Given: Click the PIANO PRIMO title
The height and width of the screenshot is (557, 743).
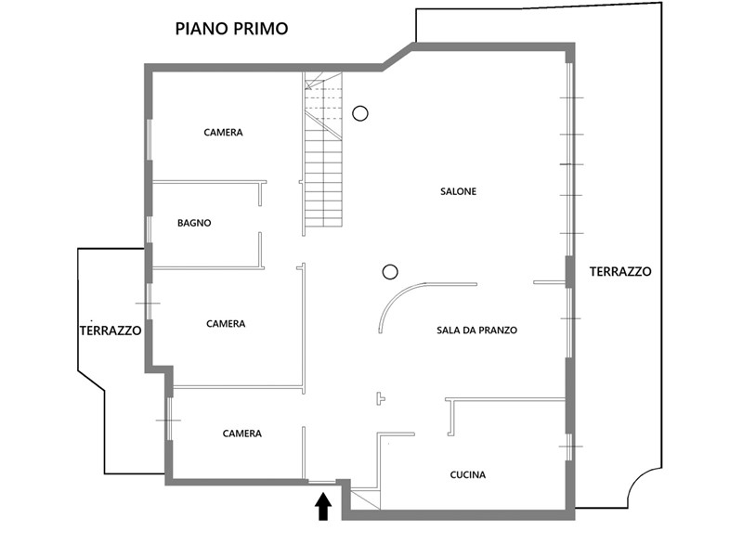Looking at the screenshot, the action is [x=231, y=29].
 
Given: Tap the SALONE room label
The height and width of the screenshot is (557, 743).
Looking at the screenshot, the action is [x=458, y=191].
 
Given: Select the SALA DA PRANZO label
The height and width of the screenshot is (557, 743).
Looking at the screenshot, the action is [x=476, y=330].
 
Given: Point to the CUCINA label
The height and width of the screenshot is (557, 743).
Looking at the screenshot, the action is [x=468, y=474].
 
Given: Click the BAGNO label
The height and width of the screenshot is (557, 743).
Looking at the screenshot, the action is [x=194, y=223].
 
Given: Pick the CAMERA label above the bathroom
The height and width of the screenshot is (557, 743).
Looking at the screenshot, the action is [x=223, y=132].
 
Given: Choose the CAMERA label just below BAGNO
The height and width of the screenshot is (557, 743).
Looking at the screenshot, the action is [x=226, y=324].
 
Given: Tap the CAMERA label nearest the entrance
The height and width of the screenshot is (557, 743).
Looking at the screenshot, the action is [x=242, y=434].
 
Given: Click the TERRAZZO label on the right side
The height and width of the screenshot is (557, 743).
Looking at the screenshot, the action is [x=620, y=271].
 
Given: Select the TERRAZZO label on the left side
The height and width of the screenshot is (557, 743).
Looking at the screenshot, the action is [x=111, y=330].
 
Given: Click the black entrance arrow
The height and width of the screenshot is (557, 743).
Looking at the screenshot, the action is [x=323, y=506].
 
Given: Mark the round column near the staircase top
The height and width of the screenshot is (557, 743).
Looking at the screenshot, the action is [x=360, y=113].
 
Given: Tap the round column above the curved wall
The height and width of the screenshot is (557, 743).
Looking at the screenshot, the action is [x=390, y=272].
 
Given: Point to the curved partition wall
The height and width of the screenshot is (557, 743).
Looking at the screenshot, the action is [x=397, y=295].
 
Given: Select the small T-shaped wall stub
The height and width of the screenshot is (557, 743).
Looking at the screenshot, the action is [x=380, y=398].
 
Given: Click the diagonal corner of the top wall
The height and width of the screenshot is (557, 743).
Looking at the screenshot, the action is [x=398, y=57].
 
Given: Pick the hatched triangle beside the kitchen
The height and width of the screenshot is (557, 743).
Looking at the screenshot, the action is [x=365, y=499].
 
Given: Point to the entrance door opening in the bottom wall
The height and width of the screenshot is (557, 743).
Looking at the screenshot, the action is [x=321, y=482].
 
